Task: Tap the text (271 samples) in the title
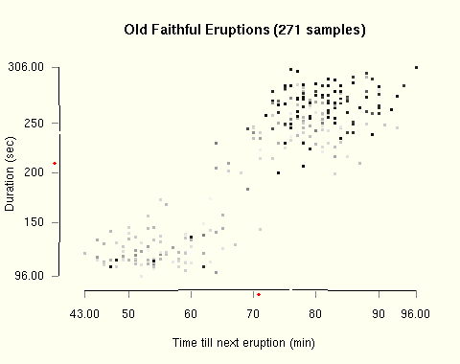tap(320, 30)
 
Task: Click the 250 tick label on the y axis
tap(34, 123)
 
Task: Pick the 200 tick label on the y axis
tap(34, 172)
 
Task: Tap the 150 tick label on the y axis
tap(34, 222)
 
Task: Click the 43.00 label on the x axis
tap(84, 313)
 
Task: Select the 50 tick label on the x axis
tap(128, 313)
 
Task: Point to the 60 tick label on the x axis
tap(192, 313)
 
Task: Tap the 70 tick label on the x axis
tap(254, 313)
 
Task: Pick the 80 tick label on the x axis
tap(316, 313)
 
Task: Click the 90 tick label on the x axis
tap(379, 313)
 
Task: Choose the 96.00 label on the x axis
tap(415, 313)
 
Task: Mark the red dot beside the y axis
tap(55, 164)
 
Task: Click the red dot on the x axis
tap(259, 294)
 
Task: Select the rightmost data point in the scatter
tap(416, 67)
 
